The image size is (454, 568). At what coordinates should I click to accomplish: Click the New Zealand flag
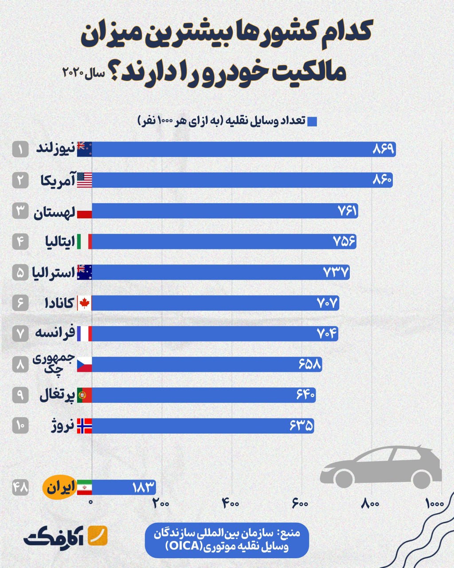pyautogui.click(x=84, y=149)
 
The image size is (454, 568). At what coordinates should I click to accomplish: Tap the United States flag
pyautogui.click(x=84, y=180)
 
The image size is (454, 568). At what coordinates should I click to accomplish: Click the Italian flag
pyautogui.click(x=84, y=241)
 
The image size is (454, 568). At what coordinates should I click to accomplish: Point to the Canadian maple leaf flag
pyautogui.click(x=84, y=303)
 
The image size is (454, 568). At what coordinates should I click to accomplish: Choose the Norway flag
pyautogui.click(x=84, y=426)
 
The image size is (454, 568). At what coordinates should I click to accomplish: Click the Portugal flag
pyautogui.click(x=84, y=395)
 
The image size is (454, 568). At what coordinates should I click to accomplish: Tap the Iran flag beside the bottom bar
pyautogui.click(x=84, y=487)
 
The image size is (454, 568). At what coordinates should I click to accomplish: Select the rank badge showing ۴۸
pyautogui.click(x=20, y=488)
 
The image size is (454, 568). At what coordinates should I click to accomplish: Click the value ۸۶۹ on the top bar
pyautogui.click(x=383, y=149)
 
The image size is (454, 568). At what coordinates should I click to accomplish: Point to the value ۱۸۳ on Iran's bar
pyautogui.click(x=143, y=487)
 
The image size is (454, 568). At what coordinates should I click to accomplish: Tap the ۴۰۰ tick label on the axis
pyautogui.click(x=231, y=504)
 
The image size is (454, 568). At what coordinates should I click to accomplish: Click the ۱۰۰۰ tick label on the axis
pyautogui.click(x=434, y=504)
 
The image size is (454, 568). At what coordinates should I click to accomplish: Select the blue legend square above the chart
pyautogui.click(x=312, y=122)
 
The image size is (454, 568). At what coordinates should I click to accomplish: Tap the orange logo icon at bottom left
pyautogui.click(x=98, y=536)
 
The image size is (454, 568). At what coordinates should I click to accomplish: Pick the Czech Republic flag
pyautogui.click(x=84, y=365)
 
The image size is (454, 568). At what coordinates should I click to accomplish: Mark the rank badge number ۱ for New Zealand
pyautogui.click(x=20, y=149)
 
